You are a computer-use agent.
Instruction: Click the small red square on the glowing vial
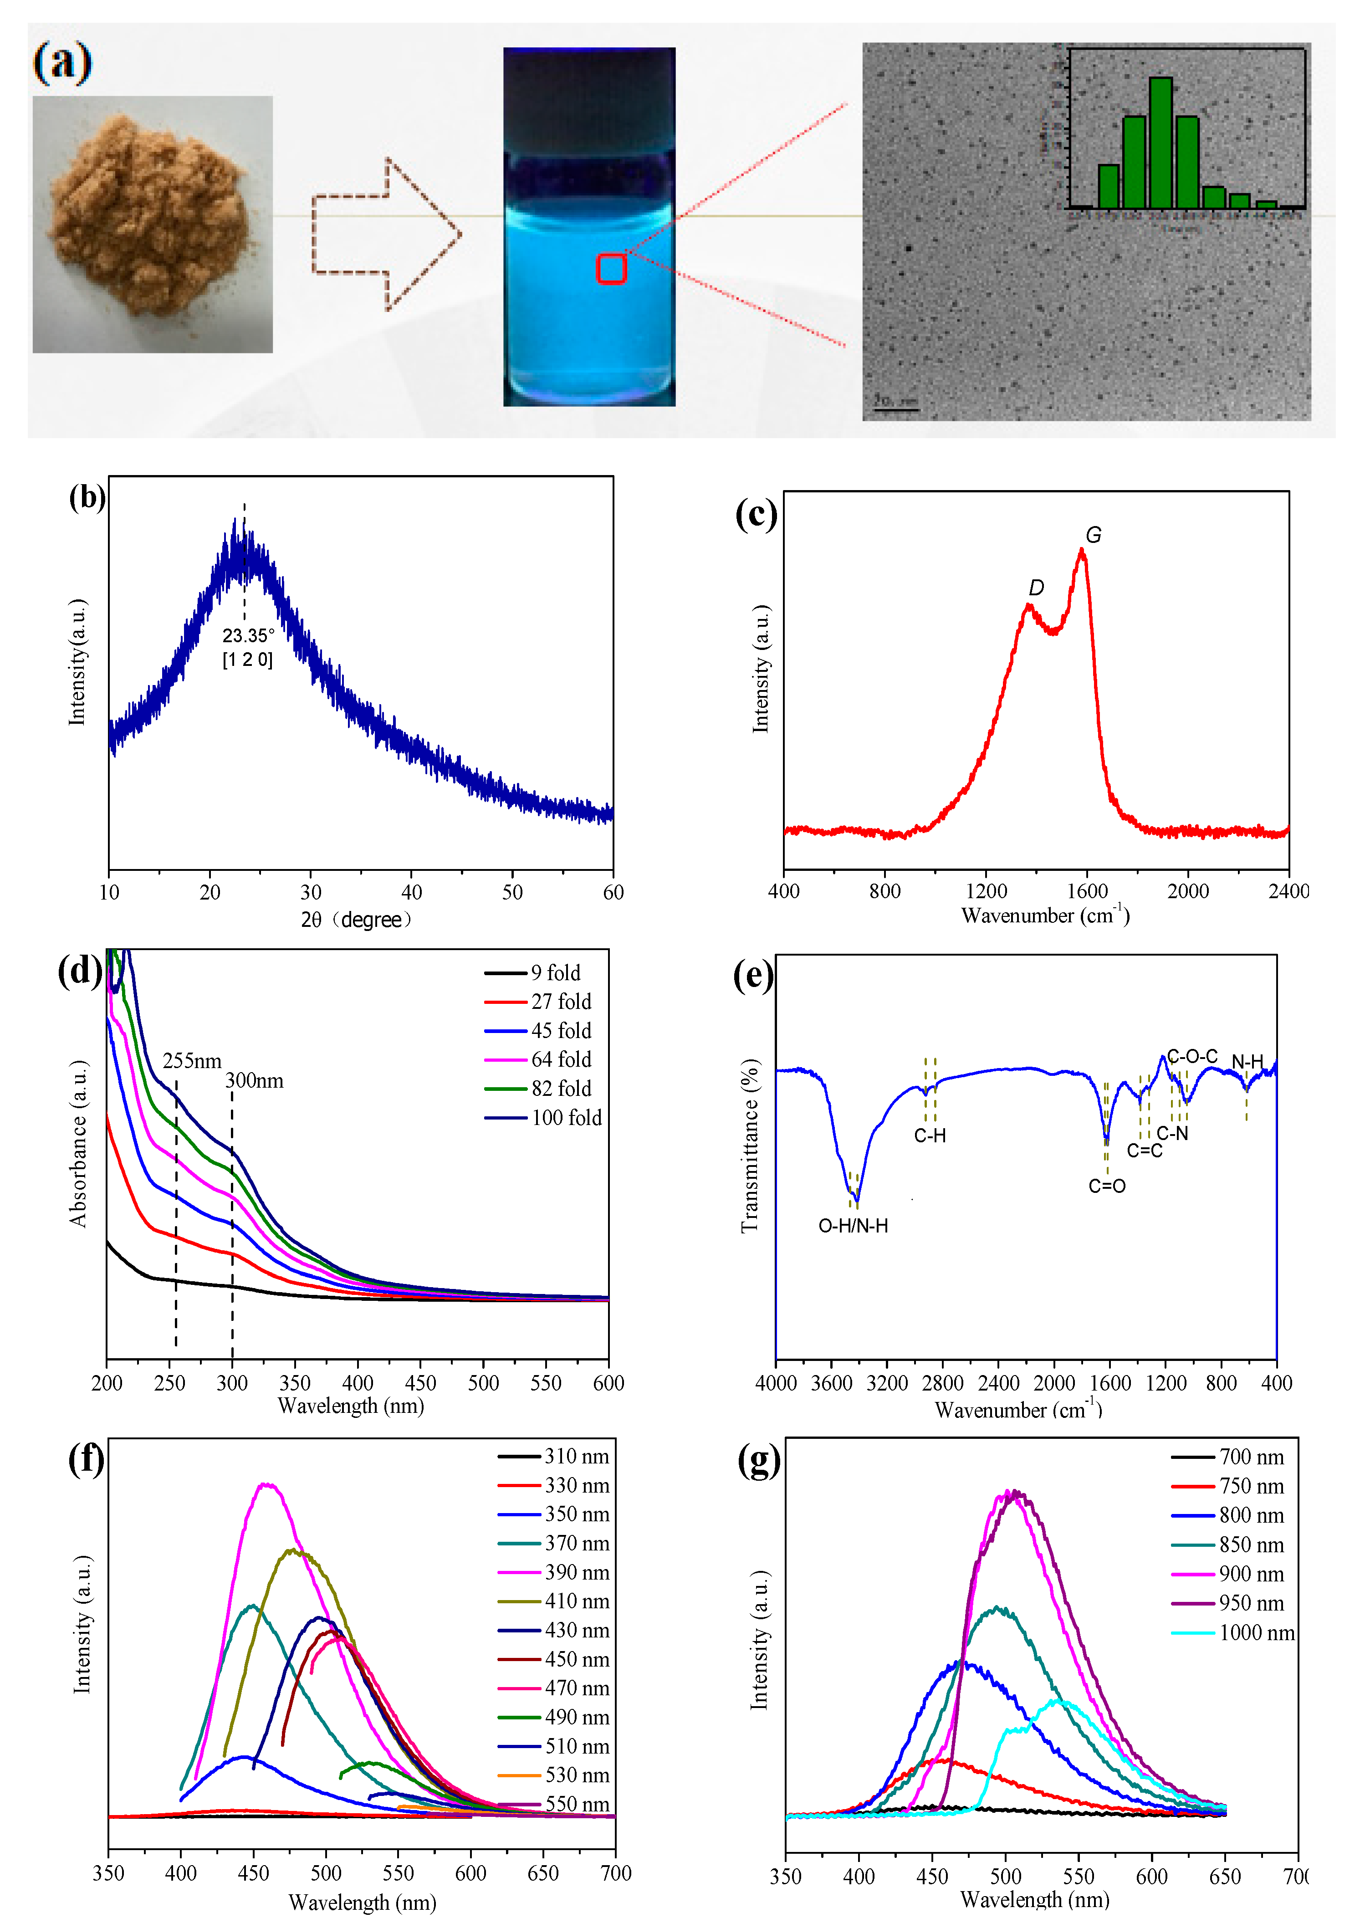(x=611, y=269)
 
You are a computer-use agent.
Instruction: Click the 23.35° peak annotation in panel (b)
(x=248, y=636)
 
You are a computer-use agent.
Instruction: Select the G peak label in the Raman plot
(x=1093, y=535)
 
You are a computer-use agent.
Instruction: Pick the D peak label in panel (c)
(x=1036, y=588)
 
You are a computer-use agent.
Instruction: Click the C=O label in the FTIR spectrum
(x=1106, y=1186)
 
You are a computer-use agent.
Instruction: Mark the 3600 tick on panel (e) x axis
(x=831, y=1383)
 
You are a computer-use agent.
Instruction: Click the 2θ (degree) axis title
(x=356, y=921)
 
